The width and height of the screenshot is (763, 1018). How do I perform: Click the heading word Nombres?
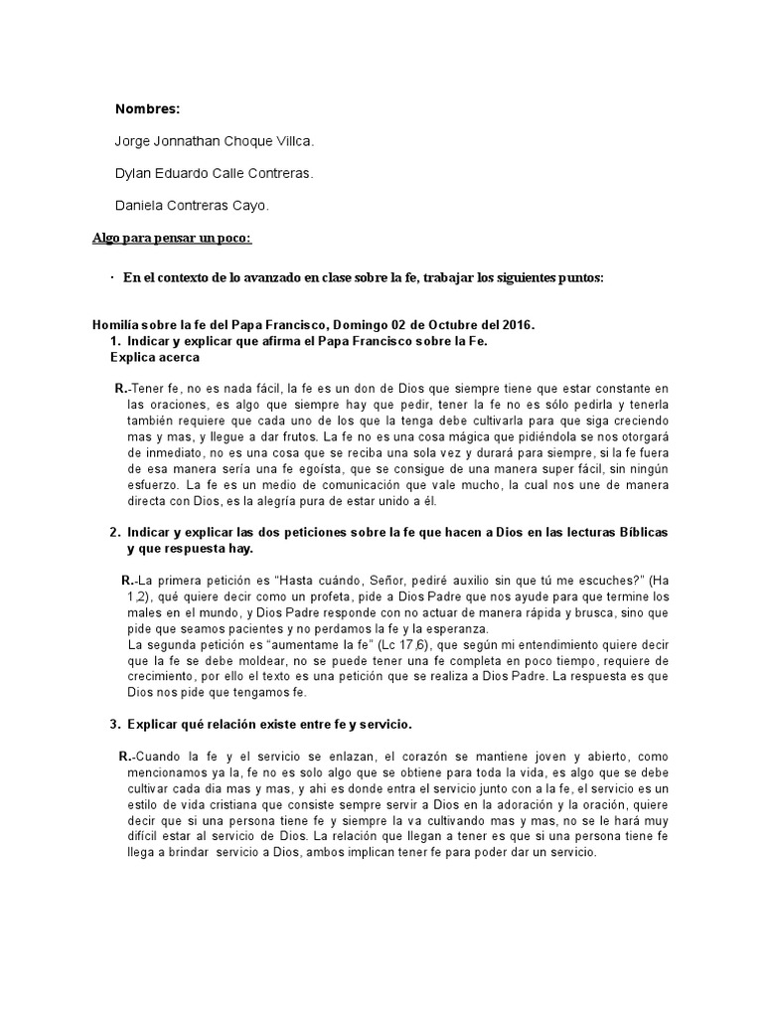pos(148,108)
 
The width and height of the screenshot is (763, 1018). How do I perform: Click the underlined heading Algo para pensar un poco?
pos(172,240)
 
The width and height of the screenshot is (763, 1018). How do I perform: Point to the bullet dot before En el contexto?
pos(111,277)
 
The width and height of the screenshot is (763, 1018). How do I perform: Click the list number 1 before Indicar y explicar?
pos(115,341)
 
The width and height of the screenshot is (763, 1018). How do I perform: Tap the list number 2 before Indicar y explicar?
pos(115,530)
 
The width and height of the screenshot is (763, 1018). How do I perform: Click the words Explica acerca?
pos(155,356)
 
